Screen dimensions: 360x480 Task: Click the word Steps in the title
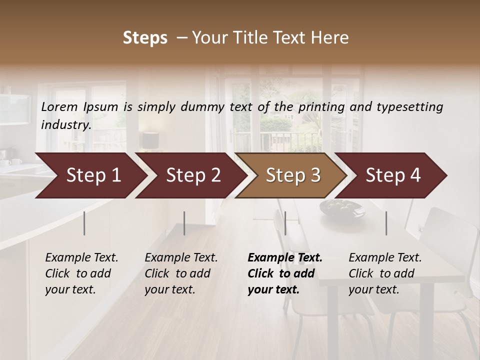point(145,38)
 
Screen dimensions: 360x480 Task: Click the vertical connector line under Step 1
point(84,223)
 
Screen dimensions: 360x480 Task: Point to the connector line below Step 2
point(184,223)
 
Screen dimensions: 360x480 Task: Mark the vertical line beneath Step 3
point(285,223)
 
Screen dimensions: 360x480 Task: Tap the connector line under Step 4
point(386,223)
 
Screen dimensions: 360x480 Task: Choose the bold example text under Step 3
point(284,273)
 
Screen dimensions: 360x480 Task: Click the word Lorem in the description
point(59,106)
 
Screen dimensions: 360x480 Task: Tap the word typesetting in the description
point(407,106)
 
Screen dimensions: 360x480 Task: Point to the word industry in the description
point(65,124)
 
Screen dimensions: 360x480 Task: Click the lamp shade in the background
point(150,140)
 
